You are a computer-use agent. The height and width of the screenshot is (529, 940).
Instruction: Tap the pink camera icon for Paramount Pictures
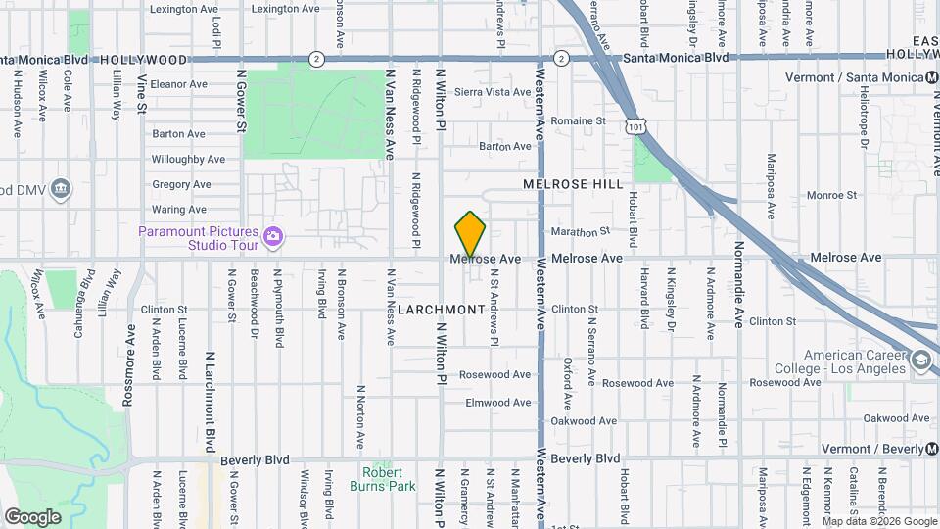[273, 236]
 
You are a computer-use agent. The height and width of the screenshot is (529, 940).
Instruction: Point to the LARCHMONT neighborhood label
[443, 310]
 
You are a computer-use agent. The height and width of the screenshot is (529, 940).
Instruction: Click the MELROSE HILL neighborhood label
[573, 184]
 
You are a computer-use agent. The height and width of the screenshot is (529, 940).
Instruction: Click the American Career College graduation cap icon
[920, 361]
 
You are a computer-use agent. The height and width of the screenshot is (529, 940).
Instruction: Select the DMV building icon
[61, 188]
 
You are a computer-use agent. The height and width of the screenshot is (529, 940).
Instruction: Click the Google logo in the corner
[32, 516]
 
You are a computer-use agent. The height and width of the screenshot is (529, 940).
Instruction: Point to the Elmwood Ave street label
[498, 403]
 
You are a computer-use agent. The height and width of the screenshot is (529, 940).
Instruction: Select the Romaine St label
[579, 121]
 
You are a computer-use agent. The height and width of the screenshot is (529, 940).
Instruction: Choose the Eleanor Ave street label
[179, 84]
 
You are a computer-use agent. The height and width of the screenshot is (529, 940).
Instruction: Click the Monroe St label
[831, 196]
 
